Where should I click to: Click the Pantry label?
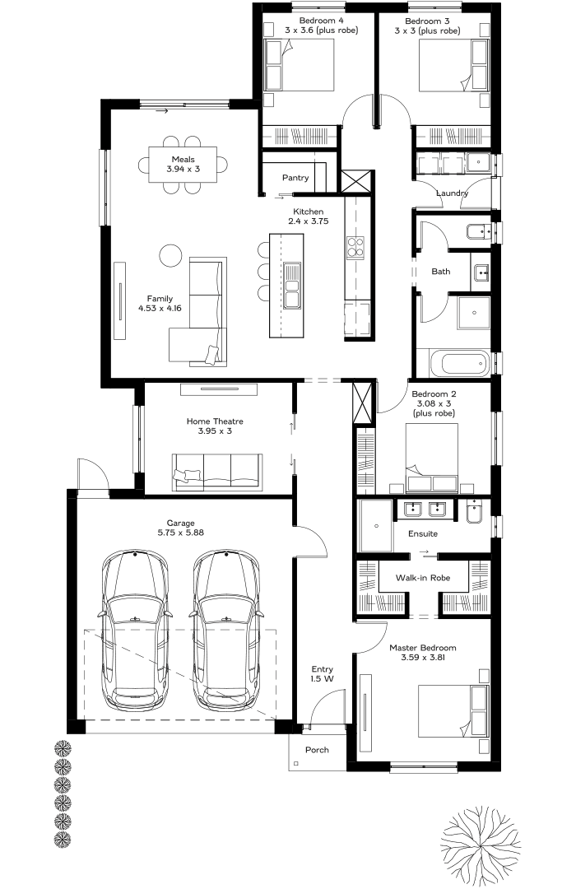point(295,178)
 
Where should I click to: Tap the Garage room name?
point(180,523)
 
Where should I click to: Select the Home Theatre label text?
point(215,421)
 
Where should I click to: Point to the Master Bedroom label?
point(423,648)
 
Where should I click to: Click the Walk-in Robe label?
point(423,578)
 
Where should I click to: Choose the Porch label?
point(317,750)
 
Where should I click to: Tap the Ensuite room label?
point(423,533)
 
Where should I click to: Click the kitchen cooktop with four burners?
point(356,248)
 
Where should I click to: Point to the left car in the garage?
point(135,630)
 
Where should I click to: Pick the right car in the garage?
point(226,630)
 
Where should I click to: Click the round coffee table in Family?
point(170,255)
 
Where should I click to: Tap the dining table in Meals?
point(183,165)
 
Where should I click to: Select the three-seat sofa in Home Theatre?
point(218,472)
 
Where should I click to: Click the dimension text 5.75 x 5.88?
point(180,533)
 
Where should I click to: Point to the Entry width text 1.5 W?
point(322,678)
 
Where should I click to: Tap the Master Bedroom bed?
point(453,711)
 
